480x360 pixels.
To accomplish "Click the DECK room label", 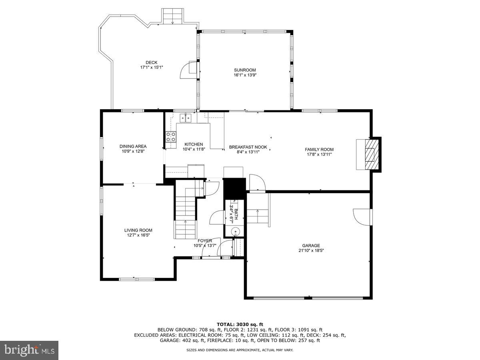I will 151,62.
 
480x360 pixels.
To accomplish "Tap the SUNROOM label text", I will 245,70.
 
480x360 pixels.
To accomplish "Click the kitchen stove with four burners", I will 171,137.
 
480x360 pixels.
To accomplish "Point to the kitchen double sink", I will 185,118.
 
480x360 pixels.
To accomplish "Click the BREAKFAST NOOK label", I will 248,147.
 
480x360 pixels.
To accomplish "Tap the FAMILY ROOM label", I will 319,149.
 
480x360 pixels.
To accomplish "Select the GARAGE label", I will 311,246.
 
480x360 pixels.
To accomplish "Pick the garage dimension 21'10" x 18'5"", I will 311,251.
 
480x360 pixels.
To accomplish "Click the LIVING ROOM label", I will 138,230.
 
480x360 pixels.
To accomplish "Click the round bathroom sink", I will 236,231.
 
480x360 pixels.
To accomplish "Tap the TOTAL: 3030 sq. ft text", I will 240,324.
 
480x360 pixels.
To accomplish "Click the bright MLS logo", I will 29,350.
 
